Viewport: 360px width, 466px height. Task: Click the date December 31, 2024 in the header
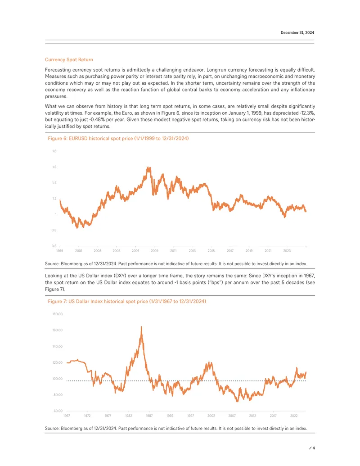point(297,33)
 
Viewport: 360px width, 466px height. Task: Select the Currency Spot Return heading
point(69,60)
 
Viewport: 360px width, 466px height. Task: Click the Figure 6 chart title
point(118,139)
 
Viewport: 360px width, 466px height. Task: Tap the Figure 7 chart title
point(127,301)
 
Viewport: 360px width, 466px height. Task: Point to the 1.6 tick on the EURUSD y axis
point(54,167)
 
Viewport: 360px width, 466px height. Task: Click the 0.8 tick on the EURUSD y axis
point(54,231)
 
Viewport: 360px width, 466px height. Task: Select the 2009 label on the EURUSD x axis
point(154,251)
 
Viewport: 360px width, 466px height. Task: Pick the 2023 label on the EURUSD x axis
point(287,251)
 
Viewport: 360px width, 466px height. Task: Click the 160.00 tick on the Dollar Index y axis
point(58,330)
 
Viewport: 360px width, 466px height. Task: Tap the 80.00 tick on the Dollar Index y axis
point(58,395)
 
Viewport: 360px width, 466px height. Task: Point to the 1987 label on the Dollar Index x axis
point(149,416)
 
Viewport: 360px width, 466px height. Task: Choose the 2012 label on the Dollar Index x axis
point(252,416)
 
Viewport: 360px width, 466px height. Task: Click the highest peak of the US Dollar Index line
point(141,326)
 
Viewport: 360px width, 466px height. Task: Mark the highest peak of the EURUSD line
point(148,168)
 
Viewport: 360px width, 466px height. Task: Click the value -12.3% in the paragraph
point(307,113)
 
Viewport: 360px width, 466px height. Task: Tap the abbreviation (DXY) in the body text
point(120,276)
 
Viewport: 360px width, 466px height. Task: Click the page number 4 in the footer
point(314,448)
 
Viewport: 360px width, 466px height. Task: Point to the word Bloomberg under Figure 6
point(71,264)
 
